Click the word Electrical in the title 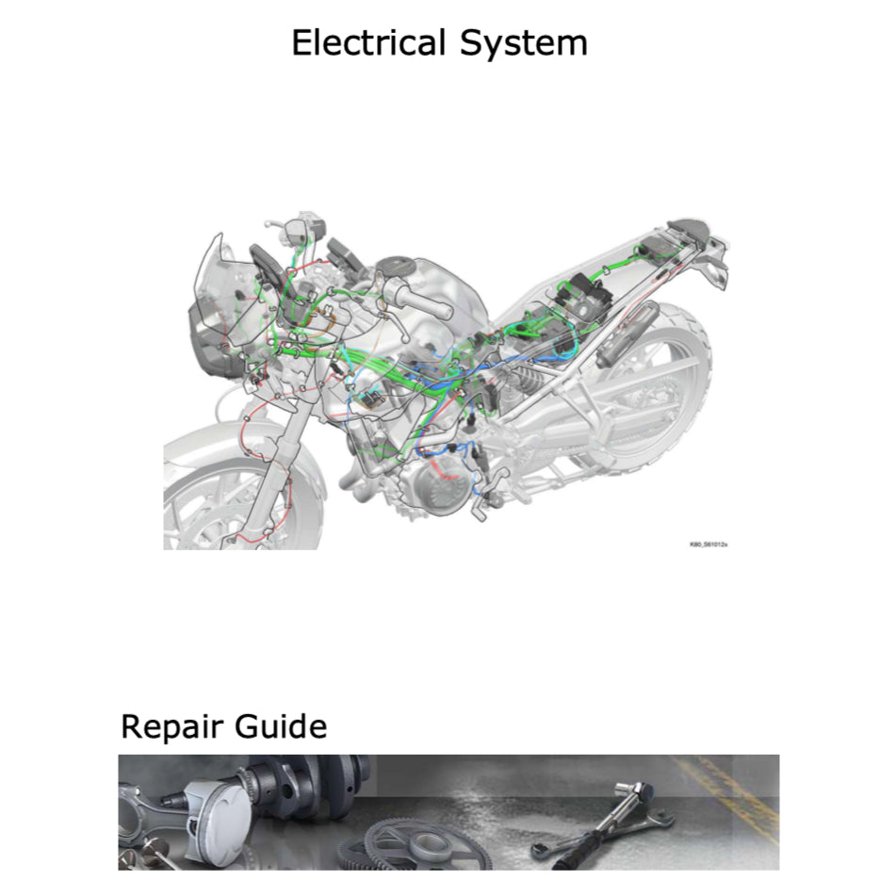click(x=368, y=43)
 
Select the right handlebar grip click(x=415, y=300)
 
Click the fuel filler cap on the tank click(x=397, y=265)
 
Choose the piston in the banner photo click(x=212, y=806)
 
